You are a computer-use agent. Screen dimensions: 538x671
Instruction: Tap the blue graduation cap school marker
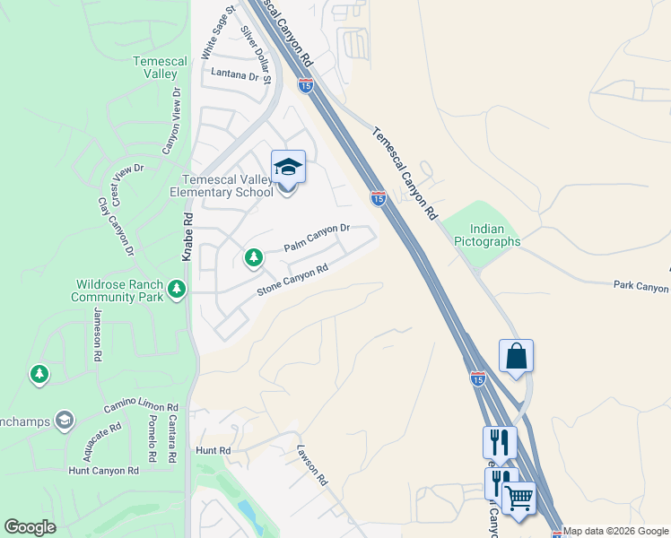288,167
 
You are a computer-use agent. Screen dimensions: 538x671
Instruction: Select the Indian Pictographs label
487,235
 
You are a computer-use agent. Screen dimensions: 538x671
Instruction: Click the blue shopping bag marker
516,355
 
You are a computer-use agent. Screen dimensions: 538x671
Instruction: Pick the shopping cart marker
518,498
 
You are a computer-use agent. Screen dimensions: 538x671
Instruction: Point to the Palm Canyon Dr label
316,239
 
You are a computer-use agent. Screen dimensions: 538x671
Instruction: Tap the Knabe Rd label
187,235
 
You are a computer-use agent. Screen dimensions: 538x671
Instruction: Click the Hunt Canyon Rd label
104,470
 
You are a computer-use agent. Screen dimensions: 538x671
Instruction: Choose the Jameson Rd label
97,334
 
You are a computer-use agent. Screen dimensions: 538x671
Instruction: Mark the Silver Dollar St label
256,53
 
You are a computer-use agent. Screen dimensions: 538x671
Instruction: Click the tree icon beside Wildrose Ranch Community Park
178,288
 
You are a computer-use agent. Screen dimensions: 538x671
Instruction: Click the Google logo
30,527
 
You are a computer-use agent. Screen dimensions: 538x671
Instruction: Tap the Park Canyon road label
641,287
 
